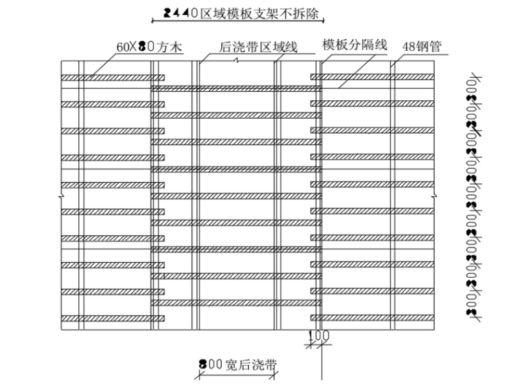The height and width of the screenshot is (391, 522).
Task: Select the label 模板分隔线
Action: pyautogui.click(x=355, y=45)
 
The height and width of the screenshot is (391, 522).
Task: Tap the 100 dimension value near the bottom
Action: pyautogui.click(x=319, y=335)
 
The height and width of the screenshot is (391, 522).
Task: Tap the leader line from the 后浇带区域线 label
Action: pyautogui.click(x=205, y=58)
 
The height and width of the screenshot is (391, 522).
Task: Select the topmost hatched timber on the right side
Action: pyautogui.click(x=374, y=78)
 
